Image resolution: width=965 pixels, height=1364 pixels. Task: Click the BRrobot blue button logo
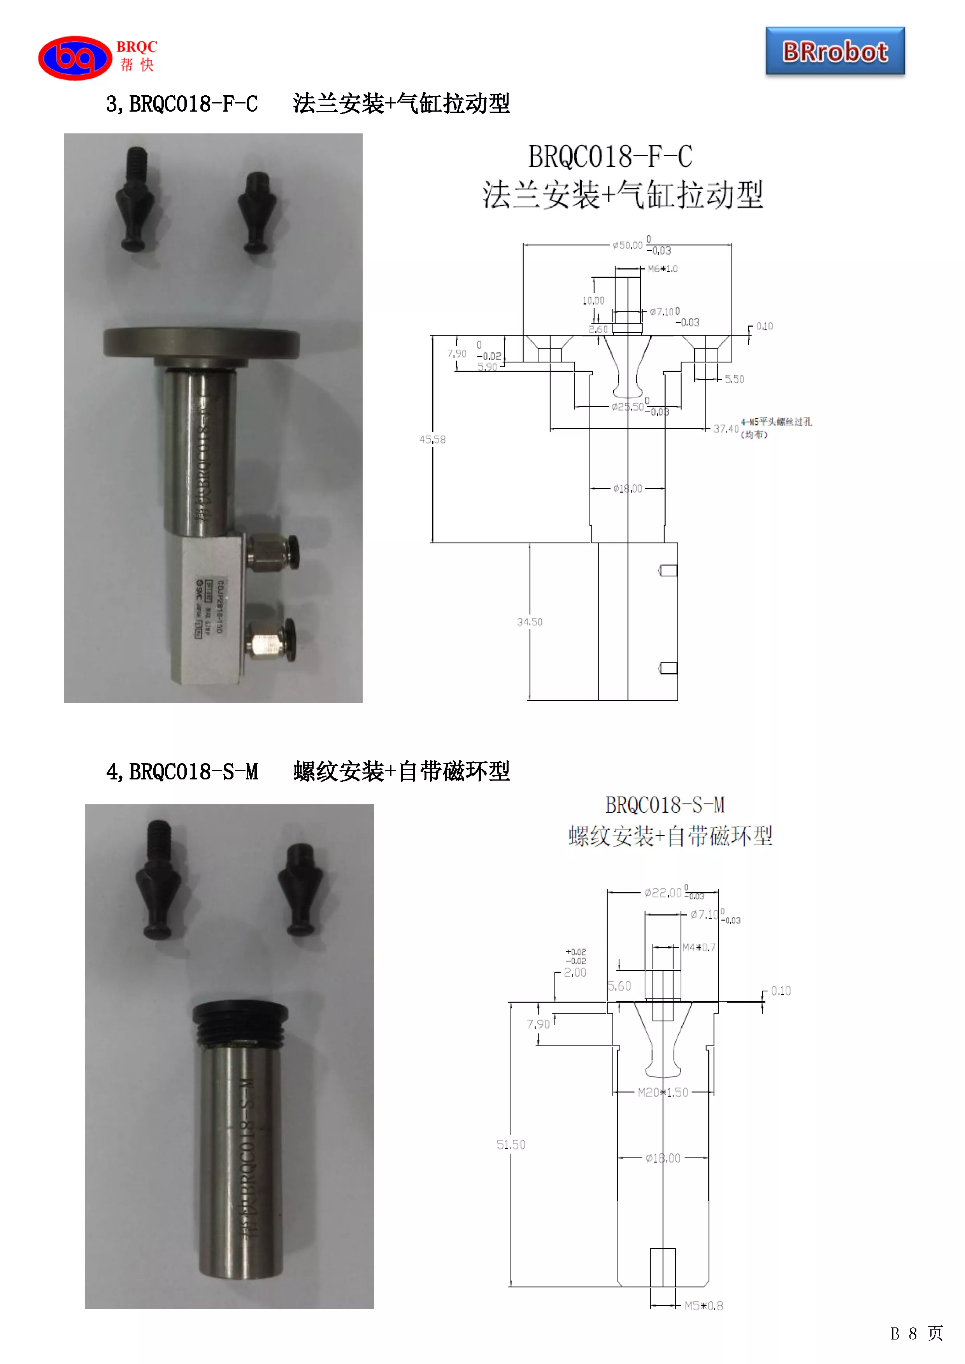tap(835, 52)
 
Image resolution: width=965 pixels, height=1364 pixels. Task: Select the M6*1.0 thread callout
tap(662, 269)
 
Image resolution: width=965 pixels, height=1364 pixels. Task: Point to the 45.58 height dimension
tap(432, 439)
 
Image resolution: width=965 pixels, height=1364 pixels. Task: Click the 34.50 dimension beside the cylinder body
tap(530, 622)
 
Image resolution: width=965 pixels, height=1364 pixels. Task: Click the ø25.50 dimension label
tap(628, 407)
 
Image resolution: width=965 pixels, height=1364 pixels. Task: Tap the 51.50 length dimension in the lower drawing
tap(511, 1145)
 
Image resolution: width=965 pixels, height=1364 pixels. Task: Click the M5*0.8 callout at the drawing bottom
tap(704, 1306)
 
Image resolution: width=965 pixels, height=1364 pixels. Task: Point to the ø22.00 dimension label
tap(663, 892)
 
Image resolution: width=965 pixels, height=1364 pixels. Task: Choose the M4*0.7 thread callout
tap(699, 947)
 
